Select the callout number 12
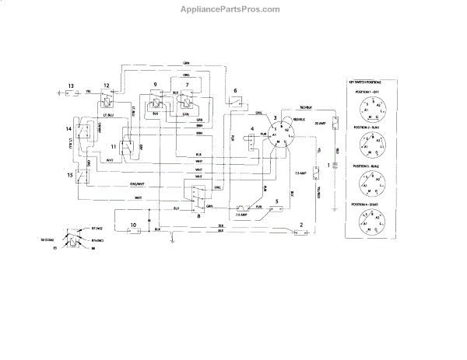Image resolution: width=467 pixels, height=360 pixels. coord(107,85)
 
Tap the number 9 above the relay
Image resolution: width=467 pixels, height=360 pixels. coord(155,84)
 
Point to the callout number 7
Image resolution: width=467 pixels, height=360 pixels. coord(186,84)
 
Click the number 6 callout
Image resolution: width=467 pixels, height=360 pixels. coord(235,91)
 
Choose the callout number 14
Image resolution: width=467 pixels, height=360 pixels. coord(69,128)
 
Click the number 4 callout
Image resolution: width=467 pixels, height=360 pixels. coord(252,129)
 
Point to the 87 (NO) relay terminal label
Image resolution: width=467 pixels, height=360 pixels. coord(97,229)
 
